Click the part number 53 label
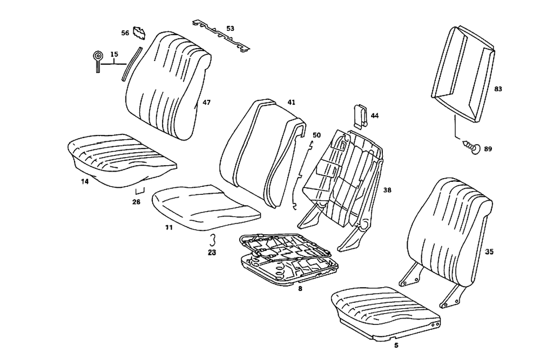pyautogui.click(x=230, y=28)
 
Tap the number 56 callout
pyautogui.click(x=125, y=33)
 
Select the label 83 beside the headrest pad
pyautogui.click(x=498, y=89)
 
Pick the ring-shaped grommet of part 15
pyautogui.click(x=97, y=57)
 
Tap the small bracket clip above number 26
pyautogui.click(x=140, y=190)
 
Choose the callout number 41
pyautogui.click(x=291, y=102)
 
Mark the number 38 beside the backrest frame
pyautogui.click(x=387, y=191)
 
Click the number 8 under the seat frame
pyautogui.click(x=300, y=288)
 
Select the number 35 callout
pyautogui.click(x=490, y=251)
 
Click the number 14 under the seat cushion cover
pyautogui.click(x=84, y=181)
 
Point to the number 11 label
pyautogui.click(x=168, y=228)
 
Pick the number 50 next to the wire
pyautogui.click(x=316, y=135)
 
